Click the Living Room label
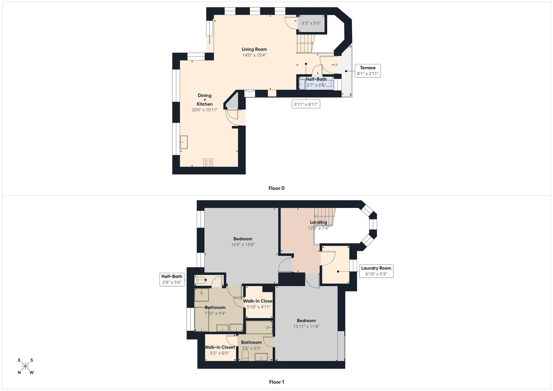coord(254,49)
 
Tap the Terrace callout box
coord(367,71)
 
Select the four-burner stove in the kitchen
coord(208,163)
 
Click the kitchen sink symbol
coord(184,142)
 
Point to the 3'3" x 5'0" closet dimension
coord(311,23)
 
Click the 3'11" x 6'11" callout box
coord(306,104)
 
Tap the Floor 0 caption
coord(276,188)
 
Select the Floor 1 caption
coord(276,382)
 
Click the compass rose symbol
coord(25,366)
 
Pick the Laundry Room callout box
coord(376,271)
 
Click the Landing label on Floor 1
coord(318,222)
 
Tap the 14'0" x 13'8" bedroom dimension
coord(243,245)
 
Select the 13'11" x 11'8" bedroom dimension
coord(306,326)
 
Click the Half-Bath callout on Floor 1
coord(172,279)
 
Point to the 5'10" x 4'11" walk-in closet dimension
coord(258,307)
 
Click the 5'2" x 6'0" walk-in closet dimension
coord(219,353)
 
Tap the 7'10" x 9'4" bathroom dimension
coord(215,314)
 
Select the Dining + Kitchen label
coord(204,100)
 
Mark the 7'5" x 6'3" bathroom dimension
coord(251,348)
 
